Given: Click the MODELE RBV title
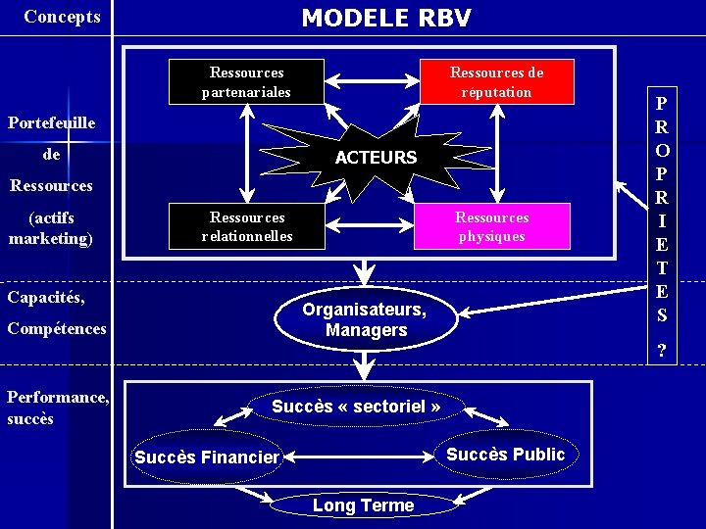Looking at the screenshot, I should pos(385,18).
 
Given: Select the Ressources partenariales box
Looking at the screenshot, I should pos(246,82).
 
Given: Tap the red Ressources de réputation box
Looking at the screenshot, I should pos(496,82).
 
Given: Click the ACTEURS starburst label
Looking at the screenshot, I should pos(376,157).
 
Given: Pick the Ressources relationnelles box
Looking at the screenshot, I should pos(247,226).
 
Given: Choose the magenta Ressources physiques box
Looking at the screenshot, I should pos(491,226).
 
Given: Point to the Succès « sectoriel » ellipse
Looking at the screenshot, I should pos(356,406).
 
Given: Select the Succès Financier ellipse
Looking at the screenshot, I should pos(207,457).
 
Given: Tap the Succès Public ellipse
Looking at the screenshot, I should pos(505,454).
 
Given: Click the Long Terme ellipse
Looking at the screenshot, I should pos(363,505).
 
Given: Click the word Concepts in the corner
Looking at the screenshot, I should pos(62,17).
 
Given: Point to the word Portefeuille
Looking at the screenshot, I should pos(52,122).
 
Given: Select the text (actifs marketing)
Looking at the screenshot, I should pos(51,227).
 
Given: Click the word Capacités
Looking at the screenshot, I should pos(46,296).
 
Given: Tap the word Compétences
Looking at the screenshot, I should pos(57,328).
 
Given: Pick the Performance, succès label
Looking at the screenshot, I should pos(57,408).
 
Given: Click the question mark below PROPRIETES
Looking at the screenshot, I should pos(663,351).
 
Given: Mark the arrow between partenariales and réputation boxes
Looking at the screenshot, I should pos(359,82).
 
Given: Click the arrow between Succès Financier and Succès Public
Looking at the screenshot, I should pos(359,455).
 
